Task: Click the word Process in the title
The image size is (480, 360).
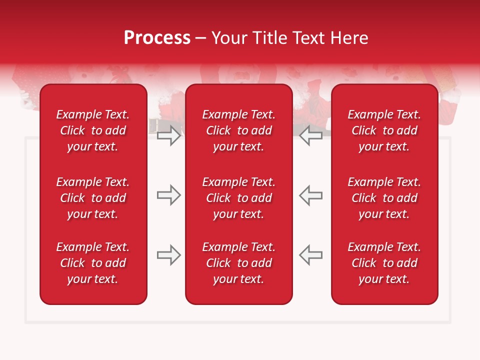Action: click(x=157, y=38)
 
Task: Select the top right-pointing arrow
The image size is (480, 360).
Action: click(x=169, y=135)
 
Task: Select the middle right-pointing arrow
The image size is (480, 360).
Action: click(x=169, y=195)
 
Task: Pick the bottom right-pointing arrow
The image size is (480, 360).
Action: click(x=169, y=255)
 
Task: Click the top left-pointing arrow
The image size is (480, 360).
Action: click(x=311, y=135)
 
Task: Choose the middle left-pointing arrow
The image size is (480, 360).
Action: click(x=311, y=195)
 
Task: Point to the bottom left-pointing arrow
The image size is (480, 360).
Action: click(x=311, y=255)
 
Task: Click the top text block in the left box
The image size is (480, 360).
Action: click(x=93, y=130)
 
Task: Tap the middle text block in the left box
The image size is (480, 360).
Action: click(x=93, y=198)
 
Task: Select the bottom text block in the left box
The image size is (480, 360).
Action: click(x=93, y=263)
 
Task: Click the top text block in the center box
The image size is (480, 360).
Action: click(x=239, y=130)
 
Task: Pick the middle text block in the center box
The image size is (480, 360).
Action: click(x=239, y=198)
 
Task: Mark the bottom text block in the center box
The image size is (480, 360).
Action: click(x=239, y=263)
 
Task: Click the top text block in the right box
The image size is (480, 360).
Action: click(x=384, y=130)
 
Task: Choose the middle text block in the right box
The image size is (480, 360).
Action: click(x=384, y=198)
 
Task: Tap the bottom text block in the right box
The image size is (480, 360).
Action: click(x=384, y=263)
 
